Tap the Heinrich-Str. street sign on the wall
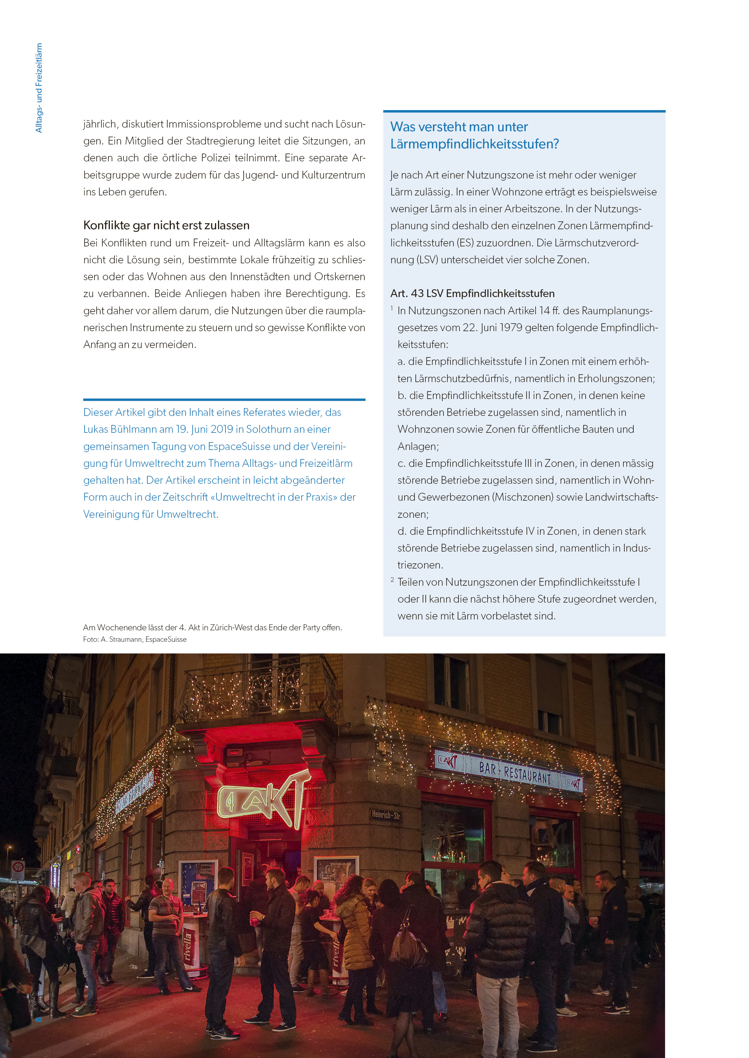pos(385,814)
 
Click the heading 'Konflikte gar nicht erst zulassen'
pos(166,225)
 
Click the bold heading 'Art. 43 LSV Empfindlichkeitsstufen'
pos(472,293)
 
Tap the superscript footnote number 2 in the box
pos(392,580)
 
